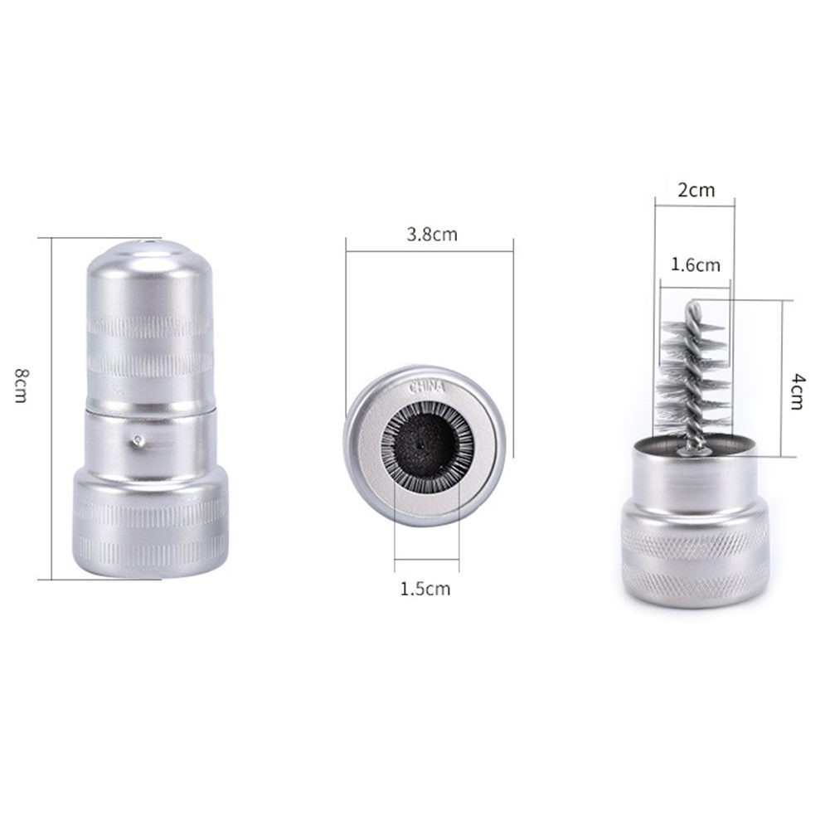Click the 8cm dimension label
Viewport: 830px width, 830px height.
[21, 386]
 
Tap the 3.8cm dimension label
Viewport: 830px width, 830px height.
[432, 235]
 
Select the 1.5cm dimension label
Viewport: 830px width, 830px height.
[425, 589]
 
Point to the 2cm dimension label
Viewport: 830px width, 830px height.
[696, 190]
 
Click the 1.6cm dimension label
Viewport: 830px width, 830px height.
[696, 265]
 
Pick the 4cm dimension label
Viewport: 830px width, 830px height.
[797, 391]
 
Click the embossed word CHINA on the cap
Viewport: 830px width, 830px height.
[427, 387]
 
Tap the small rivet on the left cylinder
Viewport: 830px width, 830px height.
[138, 439]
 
